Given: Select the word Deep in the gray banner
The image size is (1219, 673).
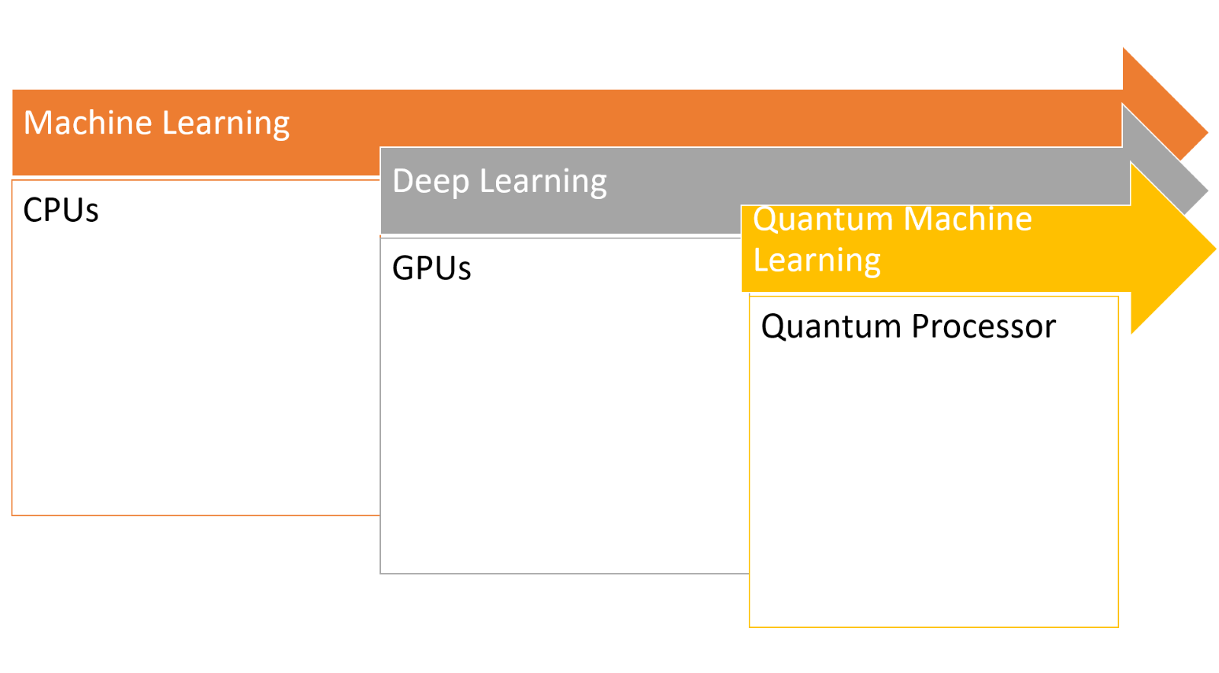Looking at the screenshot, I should pos(430,182).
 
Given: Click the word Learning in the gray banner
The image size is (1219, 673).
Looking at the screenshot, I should pos(543,182).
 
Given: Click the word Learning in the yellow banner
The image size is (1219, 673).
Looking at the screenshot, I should pos(817,261).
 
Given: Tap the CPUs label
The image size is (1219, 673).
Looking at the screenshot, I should pos(61,210).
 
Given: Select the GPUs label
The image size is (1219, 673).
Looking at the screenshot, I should pos(431,268).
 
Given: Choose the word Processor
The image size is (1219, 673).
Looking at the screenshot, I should pos(984,327).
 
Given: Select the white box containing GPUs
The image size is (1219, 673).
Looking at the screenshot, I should pos(564,419).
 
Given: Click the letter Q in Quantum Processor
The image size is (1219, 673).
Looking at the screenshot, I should pos(773,327).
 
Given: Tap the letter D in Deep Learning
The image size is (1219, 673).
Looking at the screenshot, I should pos(404,181).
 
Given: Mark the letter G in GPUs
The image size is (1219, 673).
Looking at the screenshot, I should pos(404,268).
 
